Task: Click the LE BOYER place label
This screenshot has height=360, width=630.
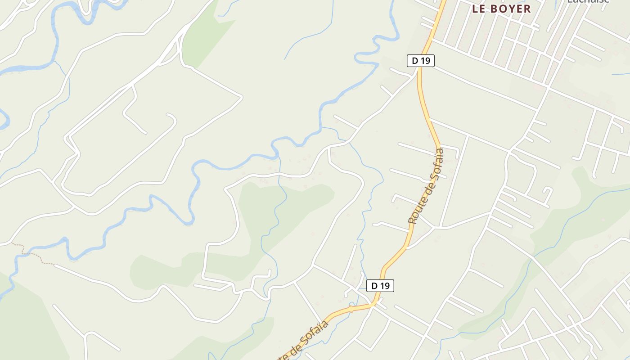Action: tap(501, 9)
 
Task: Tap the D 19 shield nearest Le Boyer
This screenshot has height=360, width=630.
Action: tap(421, 61)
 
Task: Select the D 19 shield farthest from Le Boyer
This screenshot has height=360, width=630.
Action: tap(380, 286)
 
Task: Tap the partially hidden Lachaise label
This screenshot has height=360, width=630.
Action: tap(588, 1)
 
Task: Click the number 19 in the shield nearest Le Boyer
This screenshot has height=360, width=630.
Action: tap(425, 61)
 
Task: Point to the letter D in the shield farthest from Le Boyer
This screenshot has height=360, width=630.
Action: tap(374, 286)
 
